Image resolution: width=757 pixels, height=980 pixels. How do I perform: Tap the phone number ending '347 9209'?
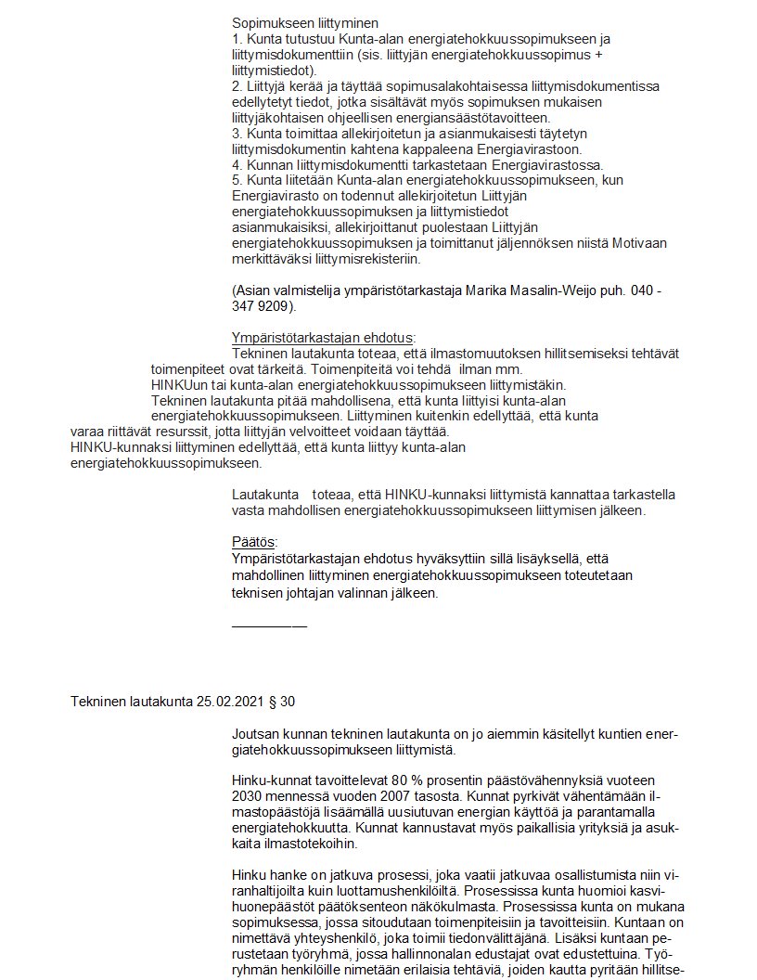tap(262, 305)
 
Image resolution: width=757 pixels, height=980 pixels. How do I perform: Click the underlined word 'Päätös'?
tap(254, 542)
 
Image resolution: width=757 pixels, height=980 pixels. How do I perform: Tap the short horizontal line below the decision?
tap(269, 626)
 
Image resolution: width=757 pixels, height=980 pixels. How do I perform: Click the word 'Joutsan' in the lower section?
tap(253, 734)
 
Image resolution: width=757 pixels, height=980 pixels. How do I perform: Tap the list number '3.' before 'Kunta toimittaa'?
tap(237, 133)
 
